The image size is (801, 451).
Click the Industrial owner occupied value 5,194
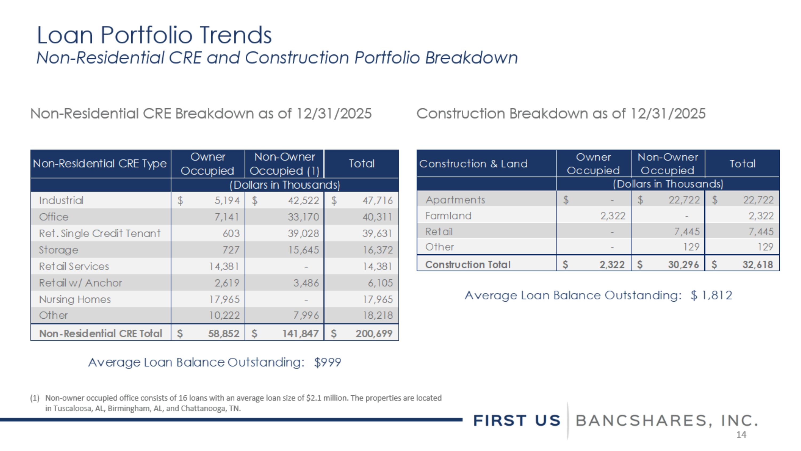[227, 201]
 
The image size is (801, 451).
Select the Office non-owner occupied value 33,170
[303, 217]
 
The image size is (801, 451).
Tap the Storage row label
[58, 250]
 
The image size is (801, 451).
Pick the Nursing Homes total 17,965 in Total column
[378, 299]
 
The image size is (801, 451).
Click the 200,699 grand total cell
[374, 334]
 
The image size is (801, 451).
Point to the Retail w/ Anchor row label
[80, 283]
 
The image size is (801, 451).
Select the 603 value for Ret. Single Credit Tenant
[231, 233]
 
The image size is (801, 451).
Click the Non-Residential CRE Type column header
[100, 164]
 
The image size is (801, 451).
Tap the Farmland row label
[448, 216]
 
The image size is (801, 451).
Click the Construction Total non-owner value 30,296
[683, 265]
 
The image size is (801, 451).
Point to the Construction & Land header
[473, 164]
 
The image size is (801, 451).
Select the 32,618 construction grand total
[757, 265]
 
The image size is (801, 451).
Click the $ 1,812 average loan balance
[711, 295]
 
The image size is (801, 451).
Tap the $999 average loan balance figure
[327, 362]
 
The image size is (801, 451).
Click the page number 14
[741, 435]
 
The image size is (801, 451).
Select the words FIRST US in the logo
[516, 421]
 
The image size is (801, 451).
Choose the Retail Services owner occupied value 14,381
[224, 267]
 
